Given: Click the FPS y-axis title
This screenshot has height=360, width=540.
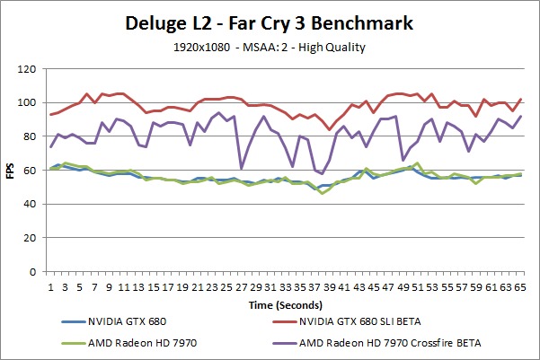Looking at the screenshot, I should (x=12, y=170).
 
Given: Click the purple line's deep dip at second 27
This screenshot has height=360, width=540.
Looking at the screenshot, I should (x=241, y=168).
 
